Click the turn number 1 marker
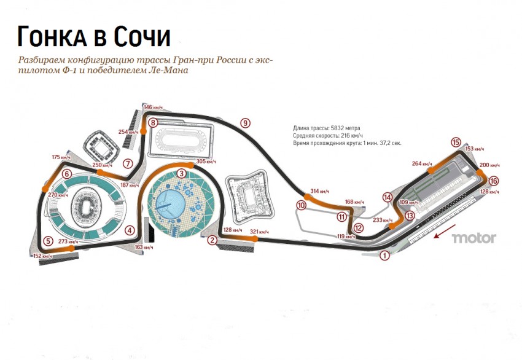point(384,255)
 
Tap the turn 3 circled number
point(182,173)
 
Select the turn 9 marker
point(245,123)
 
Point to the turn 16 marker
point(494,181)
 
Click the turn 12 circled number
point(358,228)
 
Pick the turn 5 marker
point(47,241)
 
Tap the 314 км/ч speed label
point(319,191)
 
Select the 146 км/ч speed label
point(155,107)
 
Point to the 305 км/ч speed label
point(206,162)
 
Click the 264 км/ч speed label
point(422,163)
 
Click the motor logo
point(473,238)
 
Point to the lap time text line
point(347,143)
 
